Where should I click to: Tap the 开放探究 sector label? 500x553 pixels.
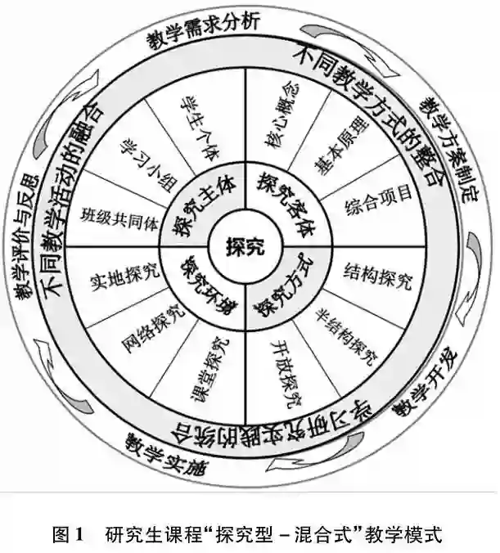click(x=286, y=371)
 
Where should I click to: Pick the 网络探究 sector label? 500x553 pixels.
click(x=151, y=332)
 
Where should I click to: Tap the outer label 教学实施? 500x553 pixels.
click(x=164, y=456)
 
